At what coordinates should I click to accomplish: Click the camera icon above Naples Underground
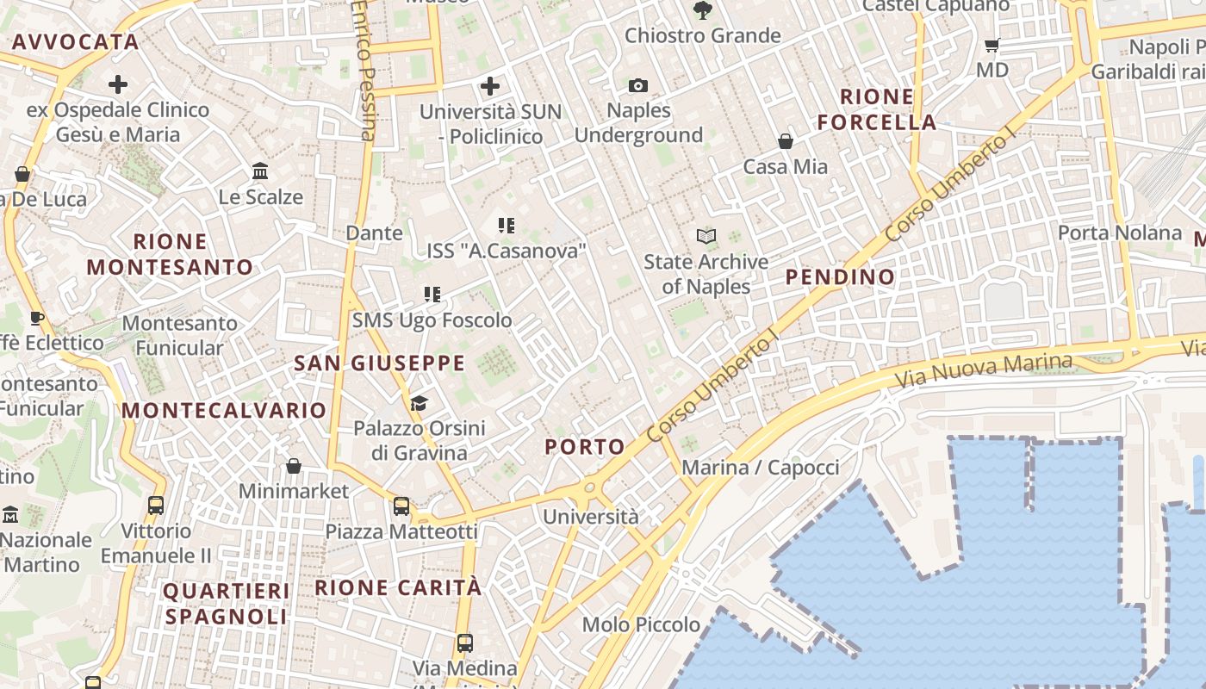pos(637,85)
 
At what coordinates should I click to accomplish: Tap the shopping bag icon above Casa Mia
pos(785,141)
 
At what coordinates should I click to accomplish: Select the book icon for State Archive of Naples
pos(706,236)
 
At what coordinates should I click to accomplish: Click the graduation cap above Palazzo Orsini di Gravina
pos(419,402)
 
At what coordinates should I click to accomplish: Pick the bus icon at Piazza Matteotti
pos(401,506)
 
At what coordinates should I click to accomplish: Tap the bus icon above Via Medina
pos(464,642)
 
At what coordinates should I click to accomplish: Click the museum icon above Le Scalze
pos(260,171)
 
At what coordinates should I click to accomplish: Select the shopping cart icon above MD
pos(992,45)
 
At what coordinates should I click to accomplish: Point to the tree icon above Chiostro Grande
pos(702,10)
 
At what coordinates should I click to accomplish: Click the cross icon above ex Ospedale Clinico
pos(118,84)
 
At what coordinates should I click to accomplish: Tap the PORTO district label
pos(585,447)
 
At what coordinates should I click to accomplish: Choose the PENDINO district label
pos(841,277)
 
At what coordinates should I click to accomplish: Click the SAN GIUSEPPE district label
pos(380,363)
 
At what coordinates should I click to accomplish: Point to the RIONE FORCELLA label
pos(877,109)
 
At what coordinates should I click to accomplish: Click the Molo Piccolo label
pos(641,624)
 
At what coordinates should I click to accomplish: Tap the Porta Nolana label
pos(1120,233)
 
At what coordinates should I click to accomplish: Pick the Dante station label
pos(374,233)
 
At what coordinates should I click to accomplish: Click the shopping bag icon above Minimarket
pos(294,466)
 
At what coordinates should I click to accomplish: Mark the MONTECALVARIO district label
pos(224,411)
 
